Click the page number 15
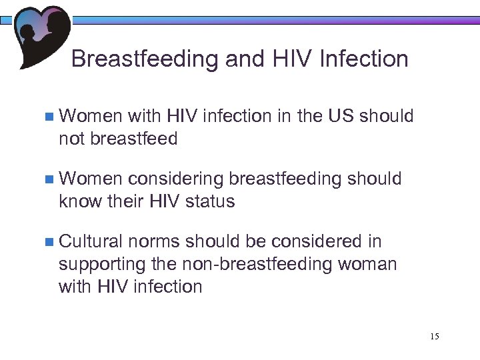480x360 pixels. tap(435, 335)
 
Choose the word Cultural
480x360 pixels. tap(91, 241)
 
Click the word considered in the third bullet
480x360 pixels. tap(315, 241)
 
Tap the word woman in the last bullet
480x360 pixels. tap(367, 264)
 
